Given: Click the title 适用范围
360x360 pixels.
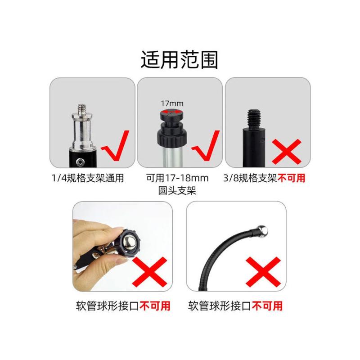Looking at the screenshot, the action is (x=179, y=60).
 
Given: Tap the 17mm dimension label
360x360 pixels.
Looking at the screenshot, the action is (x=172, y=103).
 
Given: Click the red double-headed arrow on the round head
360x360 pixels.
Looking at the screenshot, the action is (x=171, y=112).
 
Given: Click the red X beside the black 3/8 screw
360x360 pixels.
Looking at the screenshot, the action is (x=287, y=152).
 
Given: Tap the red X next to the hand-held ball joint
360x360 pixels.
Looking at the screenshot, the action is (x=149, y=272).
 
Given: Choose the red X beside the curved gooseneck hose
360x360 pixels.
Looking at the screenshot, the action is (x=263, y=272).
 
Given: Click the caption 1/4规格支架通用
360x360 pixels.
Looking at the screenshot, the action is (x=88, y=178).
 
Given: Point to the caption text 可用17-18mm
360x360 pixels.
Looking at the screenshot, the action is (x=177, y=178).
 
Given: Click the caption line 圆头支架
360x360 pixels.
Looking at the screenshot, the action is (x=177, y=190).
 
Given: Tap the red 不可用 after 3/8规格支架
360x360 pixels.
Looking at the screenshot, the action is (x=292, y=178).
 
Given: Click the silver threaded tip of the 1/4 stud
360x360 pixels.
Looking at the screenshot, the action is (x=82, y=108).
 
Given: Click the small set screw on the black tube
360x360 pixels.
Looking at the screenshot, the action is (x=80, y=162).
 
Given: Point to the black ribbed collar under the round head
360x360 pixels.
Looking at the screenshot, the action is (x=172, y=138).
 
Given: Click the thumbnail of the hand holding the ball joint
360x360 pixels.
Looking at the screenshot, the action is (x=122, y=247).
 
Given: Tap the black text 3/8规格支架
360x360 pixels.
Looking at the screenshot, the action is (x=250, y=178).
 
